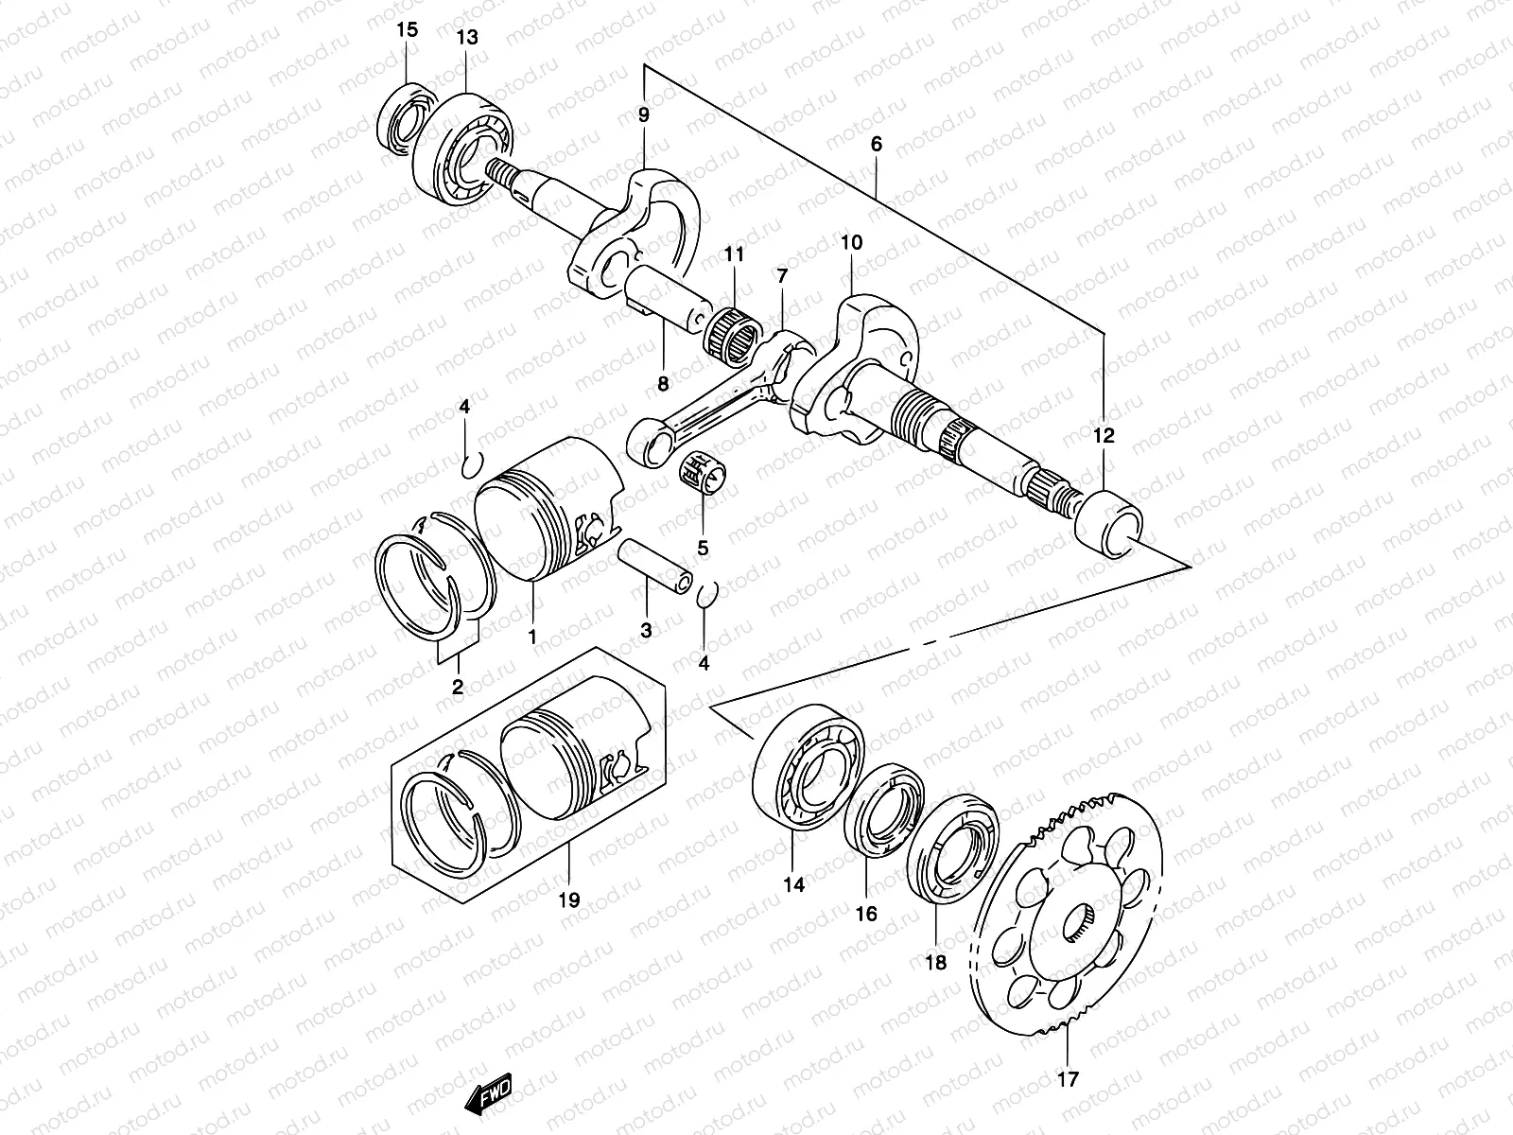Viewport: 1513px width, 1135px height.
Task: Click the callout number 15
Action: [407, 29]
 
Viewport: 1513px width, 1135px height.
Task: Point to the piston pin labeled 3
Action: [654, 564]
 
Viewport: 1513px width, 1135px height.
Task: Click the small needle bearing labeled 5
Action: [702, 472]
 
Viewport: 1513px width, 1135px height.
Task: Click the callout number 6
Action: [876, 144]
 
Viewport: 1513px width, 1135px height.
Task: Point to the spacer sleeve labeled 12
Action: [1110, 522]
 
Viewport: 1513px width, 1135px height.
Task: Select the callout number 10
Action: [851, 243]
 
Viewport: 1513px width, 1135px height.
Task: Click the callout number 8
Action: [663, 383]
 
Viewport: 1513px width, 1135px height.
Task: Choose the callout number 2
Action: [457, 688]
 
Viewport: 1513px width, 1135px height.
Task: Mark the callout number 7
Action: [781, 276]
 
